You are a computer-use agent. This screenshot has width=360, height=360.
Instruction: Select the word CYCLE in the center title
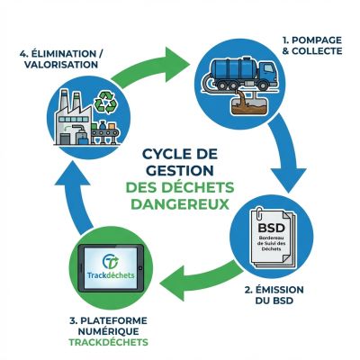(168, 153)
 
